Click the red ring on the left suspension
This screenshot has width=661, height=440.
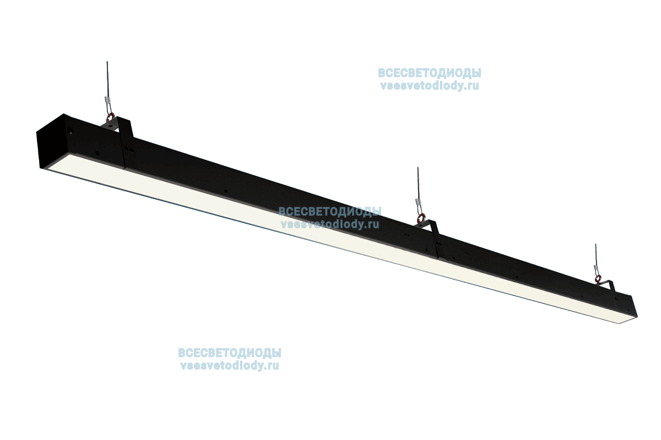tap(111, 117)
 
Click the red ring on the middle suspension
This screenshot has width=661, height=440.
tap(421, 220)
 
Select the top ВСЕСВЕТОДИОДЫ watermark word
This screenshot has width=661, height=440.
tap(429, 73)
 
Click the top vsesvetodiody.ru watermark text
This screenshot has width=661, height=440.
tap(429, 86)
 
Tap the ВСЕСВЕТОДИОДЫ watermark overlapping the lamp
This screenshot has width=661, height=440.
tap(329, 211)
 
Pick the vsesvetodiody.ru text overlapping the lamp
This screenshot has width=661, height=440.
tap(329, 224)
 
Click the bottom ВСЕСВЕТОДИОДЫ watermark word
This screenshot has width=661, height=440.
tap(229, 353)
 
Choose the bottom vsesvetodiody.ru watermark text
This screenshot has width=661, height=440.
tap(229, 365)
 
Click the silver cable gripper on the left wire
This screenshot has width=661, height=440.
tap(107, 102)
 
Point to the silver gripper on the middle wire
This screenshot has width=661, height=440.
tap(419, 206)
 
